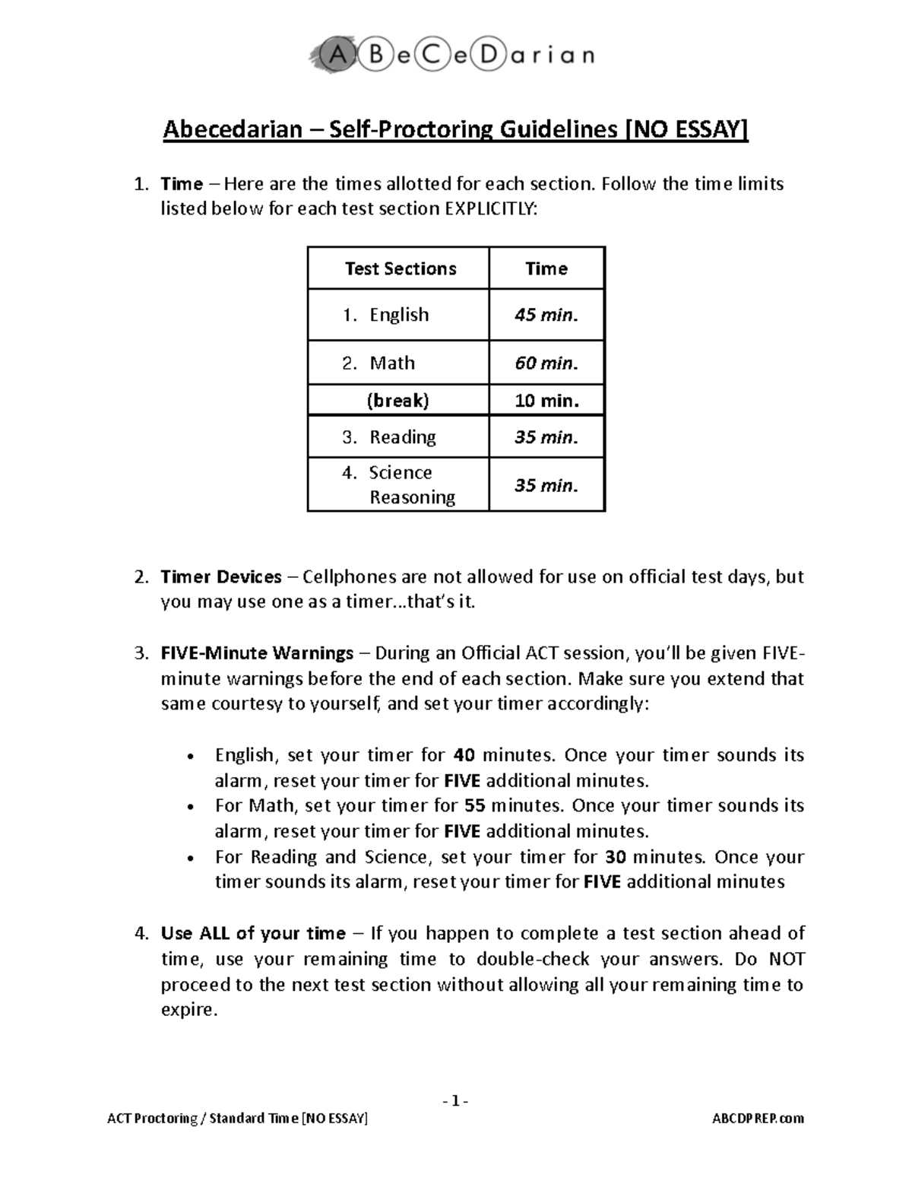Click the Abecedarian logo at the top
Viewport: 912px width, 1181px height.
[x=451, y=56]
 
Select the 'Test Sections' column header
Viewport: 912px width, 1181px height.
[x=400, y=268]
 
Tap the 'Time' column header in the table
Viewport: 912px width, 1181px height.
[x=546, y=268]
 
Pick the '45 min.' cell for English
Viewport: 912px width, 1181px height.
[x=546, y=315]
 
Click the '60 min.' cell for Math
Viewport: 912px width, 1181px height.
[x=546, y=363]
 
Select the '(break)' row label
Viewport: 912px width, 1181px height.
[x=397, y=401]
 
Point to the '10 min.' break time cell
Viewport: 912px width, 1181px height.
[x=546, y=401]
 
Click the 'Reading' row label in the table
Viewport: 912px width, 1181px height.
[x=402, y=437]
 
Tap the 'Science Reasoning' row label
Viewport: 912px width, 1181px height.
[x=411, y=484]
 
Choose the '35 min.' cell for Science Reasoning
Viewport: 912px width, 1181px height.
[x=546, y=485]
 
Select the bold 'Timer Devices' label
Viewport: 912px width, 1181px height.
[x=221, y=577]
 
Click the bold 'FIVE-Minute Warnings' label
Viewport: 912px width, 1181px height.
[x=257, y=653]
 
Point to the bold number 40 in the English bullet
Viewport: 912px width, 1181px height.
[x=464, y=755]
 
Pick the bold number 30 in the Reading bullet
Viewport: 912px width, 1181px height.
[x=616, y=857]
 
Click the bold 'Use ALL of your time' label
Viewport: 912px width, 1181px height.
[x=253, y=933]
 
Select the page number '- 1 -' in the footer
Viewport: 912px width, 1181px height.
[x=456, y=1101]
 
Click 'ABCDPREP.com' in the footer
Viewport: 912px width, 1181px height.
[x=758, y=1119]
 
